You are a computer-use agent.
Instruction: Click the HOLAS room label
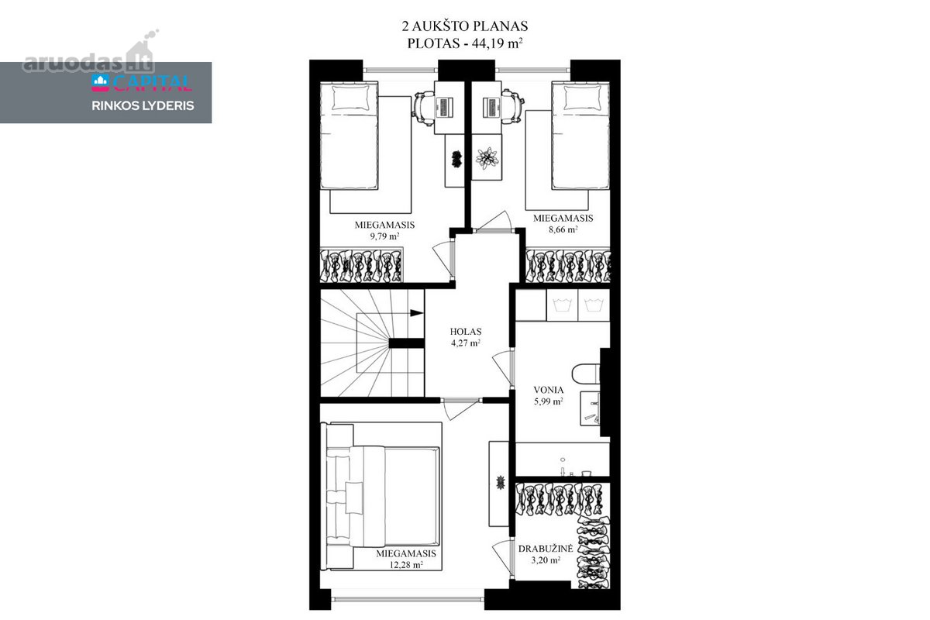click(466, 332)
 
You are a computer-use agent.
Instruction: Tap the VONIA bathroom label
click(549, 390)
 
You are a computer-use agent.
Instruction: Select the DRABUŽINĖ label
click(546, 549)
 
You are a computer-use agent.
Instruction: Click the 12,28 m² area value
click(406, 565)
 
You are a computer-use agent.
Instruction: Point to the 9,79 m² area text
click(384, 236)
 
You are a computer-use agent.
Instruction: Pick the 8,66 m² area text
click(563, 229)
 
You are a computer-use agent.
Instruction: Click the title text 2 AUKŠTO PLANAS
click(464, 26)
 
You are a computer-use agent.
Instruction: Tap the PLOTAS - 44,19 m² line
click(464, 43)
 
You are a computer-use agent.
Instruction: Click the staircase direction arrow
click(416, 312)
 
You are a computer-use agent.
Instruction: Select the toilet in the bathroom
click(586, 374)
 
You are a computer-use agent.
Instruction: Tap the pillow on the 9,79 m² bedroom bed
click(351, 98)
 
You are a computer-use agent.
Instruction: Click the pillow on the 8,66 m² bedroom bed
click(580, 98)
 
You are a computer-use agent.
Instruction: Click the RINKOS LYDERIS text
click(143, 106)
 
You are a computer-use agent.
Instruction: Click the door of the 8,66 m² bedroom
click(494, 222)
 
